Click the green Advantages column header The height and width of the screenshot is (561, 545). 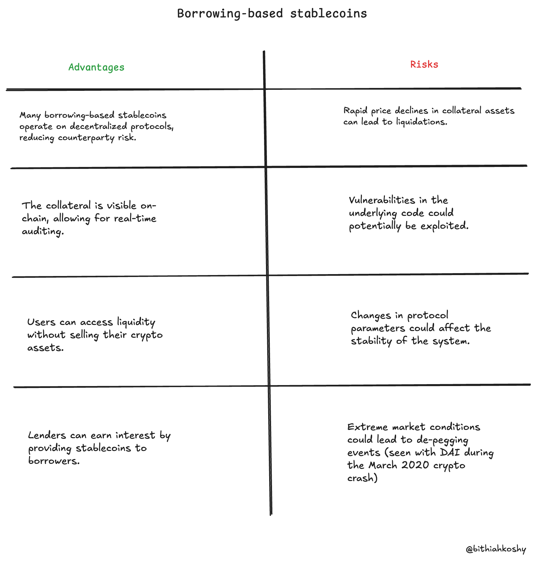tap(96, 67)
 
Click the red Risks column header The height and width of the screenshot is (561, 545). tap(424, 65)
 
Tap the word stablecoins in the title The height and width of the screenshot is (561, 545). tap(329, 14)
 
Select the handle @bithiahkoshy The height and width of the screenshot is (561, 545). tap(496, 549)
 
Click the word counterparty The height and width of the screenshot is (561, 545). tap(86, 138)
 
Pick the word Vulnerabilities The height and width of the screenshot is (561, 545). tap(382, 200)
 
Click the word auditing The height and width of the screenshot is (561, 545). tap(43, 231)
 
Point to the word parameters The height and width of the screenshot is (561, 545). tap(378, 328)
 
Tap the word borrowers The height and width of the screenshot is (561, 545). tap(54, 461)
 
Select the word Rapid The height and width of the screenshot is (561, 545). tap(355, 111)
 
